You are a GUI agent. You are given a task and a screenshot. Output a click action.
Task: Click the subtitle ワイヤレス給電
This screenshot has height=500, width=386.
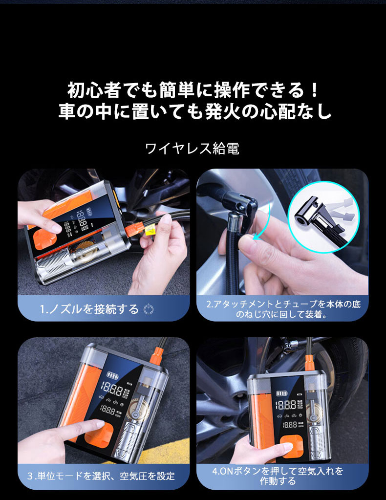[x=193, y=148]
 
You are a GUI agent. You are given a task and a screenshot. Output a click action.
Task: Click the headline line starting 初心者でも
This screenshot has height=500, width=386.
[x=193, y=90]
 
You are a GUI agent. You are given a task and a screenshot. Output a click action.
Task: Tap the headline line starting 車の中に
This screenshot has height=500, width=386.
[x=194, y=112]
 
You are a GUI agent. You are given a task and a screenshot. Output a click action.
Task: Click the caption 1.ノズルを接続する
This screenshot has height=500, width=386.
[x=89, y=309]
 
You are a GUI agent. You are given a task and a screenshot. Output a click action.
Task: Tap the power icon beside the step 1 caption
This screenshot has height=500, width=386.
[x=150, y=309]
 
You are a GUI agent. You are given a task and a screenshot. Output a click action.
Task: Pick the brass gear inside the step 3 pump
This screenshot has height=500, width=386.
[x=138, y=409]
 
